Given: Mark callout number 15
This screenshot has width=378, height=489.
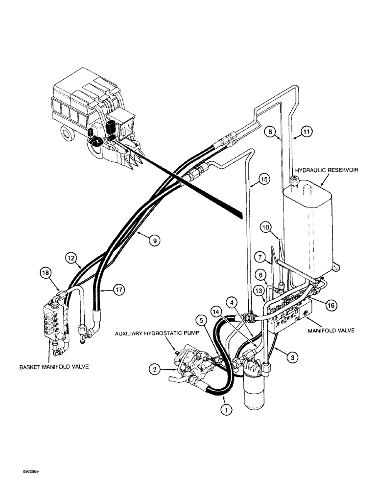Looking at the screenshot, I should (264, 180).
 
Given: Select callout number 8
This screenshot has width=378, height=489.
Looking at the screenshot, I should (271, 131).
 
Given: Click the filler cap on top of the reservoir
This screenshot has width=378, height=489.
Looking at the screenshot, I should (296, 181).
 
